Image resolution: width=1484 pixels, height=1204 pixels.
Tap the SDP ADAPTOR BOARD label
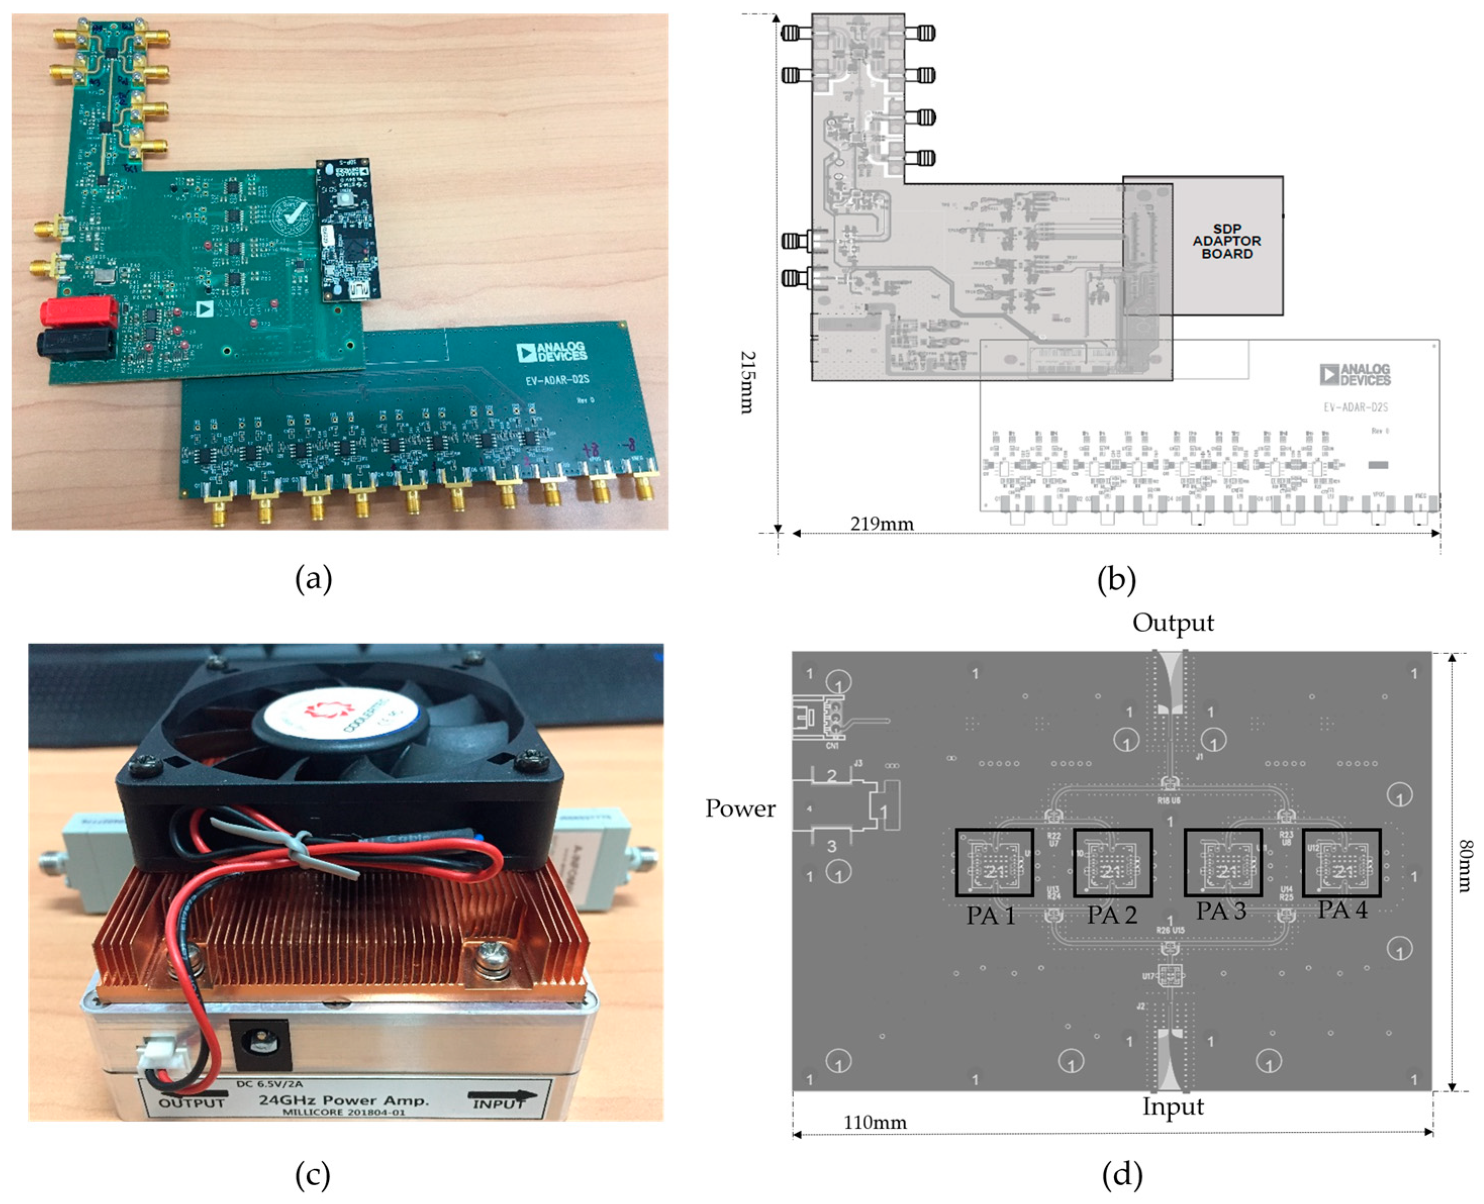1226,241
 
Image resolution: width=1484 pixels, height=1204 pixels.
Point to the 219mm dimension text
881,524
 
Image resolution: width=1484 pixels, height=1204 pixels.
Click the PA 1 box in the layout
994,863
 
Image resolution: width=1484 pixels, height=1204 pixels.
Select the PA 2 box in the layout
1112,863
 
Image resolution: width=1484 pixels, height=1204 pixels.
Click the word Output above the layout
1173,623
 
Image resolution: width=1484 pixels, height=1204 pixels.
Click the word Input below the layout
1173,1106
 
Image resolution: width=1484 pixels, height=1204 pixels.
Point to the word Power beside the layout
740,809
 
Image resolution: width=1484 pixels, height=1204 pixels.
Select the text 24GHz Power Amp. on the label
344,1100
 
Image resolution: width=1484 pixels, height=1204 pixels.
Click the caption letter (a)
314,578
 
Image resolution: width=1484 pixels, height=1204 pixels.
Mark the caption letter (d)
1121,1175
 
